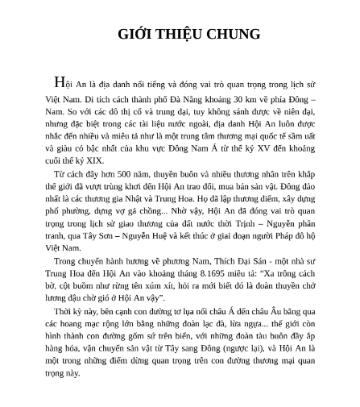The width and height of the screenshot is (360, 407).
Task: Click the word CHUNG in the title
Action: [x=234, y=34]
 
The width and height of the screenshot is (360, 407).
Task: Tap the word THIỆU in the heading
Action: [x=176, y=34]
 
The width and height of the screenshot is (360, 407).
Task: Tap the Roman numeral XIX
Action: [x=91, y=161]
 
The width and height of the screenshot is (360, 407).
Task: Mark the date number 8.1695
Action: [x=206, y=274]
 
